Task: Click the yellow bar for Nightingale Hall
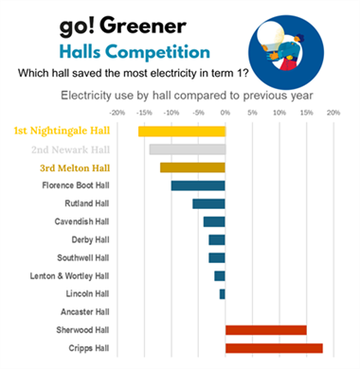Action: (182, 132)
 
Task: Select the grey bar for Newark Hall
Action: (188, 149)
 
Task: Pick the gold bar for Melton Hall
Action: (192, 167)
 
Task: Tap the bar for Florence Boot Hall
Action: (198, 185)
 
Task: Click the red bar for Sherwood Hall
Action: (266, 330)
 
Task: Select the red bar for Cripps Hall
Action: (274, 348)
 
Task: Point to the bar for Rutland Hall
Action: (208, 203)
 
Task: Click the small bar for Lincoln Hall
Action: (223, 294)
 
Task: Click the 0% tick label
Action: (225, 113)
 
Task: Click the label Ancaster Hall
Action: (82, 311)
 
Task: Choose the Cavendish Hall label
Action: (81, 221)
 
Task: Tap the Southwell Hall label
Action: (82, 257)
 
